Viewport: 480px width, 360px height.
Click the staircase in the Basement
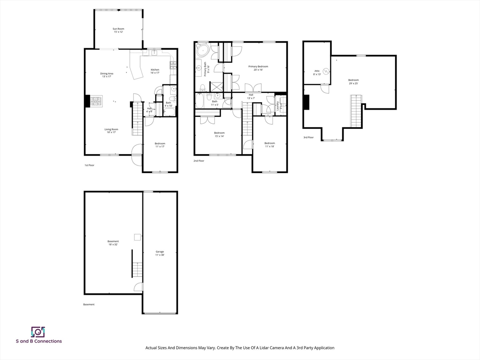point(137,270)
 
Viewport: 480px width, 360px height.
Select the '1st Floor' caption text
point(90,165)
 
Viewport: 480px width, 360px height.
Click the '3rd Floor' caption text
point(308,137)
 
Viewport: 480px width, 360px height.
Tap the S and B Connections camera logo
point(38,332)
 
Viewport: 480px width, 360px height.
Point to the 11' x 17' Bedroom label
point(160,145)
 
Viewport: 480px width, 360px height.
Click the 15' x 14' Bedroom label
point(219,135)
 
